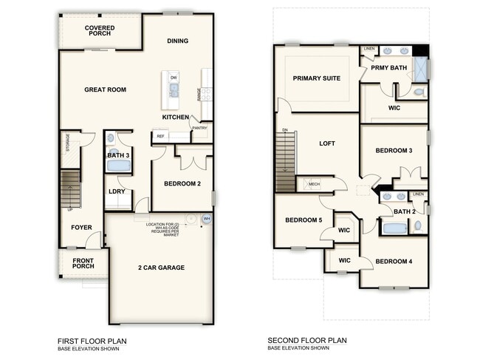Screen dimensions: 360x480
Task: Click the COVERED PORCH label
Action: (x=100, y=30)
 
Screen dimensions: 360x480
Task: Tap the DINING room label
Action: (x=177, y=41)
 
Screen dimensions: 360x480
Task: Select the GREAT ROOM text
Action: (x=105, y=90)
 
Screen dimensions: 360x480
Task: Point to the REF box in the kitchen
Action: (x=160, y=137)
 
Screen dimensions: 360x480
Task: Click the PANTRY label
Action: (x=199, y=128)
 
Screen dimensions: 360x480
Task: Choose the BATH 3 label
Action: (x=117, y=155)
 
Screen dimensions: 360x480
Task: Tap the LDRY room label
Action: (x=117, y=191)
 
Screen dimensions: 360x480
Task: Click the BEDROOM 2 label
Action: (x=182, y=184)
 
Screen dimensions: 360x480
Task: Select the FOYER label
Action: (x=81, y=227)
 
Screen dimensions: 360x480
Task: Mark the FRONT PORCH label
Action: (x=83, y=264)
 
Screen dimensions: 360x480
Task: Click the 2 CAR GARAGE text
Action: (x=161, y=268)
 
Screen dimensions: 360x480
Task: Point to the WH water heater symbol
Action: (x=207, y=219)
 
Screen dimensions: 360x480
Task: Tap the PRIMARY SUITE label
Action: (x=316, y=78)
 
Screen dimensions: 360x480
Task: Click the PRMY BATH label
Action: (x=388, y=68)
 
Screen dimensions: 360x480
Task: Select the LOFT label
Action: (x=327, y=143)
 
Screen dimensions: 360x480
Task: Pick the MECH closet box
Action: (x=314, y=184)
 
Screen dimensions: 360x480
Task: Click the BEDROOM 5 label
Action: (x=303, y=220)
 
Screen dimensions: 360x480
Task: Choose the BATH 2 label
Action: (x=403, y=211)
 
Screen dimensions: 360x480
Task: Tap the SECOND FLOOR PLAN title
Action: (x=308, y=341)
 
